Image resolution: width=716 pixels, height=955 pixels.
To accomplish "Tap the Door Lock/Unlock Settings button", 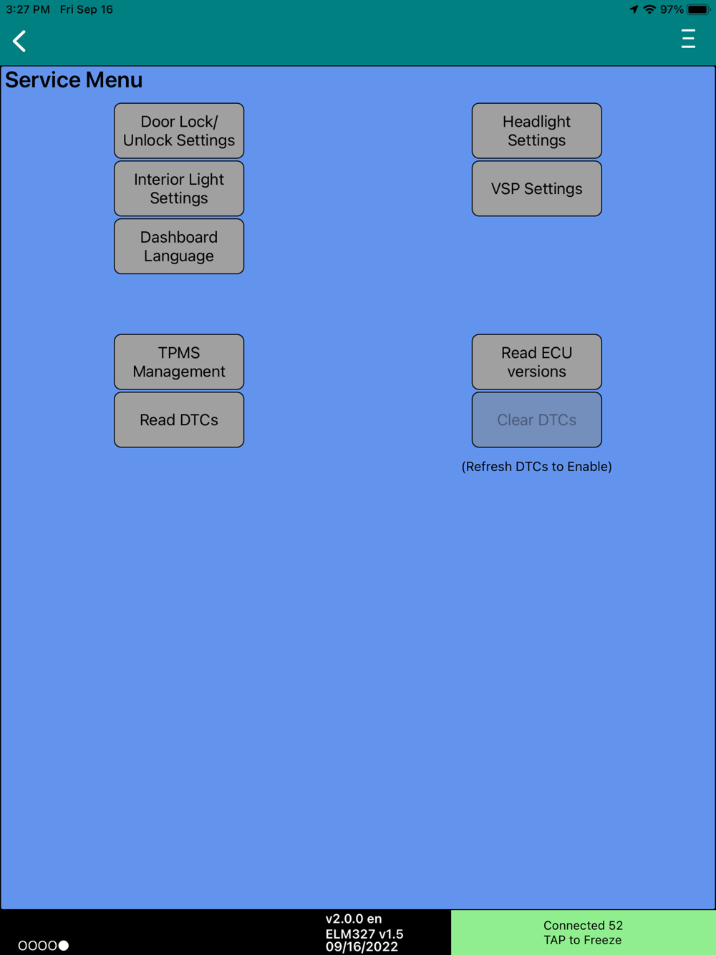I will click(179, 131).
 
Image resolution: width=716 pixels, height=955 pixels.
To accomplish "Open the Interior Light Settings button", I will click(179, 189).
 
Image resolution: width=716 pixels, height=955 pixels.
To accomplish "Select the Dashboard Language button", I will click(179, 246).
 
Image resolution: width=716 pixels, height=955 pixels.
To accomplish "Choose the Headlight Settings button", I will click(536, 131).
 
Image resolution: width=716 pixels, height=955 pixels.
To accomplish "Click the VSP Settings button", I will click(536, 189).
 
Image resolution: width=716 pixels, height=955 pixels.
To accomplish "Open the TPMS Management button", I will click(179, 362).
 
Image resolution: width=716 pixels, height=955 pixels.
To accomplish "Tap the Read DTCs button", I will click(179, 420).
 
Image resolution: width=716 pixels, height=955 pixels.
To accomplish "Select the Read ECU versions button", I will click(536, 362).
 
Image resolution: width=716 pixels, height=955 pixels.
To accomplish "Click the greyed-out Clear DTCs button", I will click(536, 420).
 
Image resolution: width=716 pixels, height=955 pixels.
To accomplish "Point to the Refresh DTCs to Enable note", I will click(536, 467).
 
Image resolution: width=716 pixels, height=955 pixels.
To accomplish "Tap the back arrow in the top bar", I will click(19, 41).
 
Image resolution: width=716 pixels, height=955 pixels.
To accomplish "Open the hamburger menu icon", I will click(688, 39).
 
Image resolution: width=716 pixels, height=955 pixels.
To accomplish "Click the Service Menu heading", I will click(74, 80).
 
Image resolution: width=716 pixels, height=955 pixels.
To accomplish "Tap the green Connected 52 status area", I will click(583, 932).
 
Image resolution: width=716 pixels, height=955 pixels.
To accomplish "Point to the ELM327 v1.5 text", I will click(364, 934).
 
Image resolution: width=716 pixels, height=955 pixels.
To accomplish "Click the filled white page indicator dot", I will click(64, 946).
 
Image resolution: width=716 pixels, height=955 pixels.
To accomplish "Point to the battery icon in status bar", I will click(697, 9).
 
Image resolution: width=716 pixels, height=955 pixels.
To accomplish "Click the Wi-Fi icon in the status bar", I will click(649, 9).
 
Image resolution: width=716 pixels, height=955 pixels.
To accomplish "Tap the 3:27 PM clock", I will click(28, 9).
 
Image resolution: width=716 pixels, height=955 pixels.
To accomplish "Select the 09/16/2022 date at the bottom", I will click(362, 947).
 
